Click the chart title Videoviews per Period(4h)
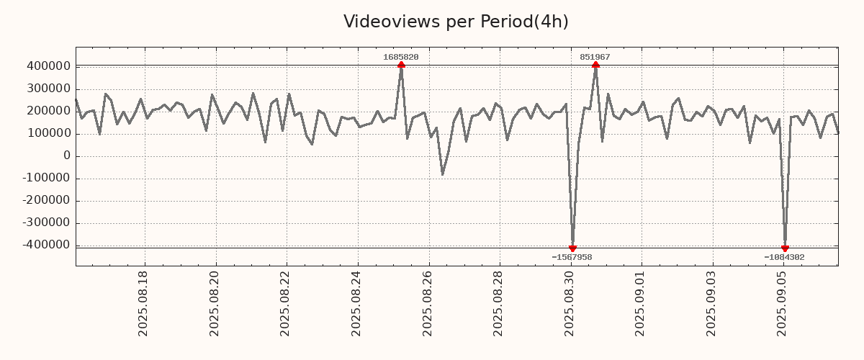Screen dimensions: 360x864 456,22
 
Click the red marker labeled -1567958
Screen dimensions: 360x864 572,248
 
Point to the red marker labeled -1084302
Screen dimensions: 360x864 785,248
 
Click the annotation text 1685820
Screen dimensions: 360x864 401,57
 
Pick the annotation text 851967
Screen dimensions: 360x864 595,57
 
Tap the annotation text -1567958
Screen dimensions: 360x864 572,257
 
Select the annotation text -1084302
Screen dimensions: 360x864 785,257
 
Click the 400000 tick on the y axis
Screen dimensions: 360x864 48,66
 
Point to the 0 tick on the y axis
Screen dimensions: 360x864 67,156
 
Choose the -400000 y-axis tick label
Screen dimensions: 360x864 46,245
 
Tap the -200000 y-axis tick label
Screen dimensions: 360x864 46,200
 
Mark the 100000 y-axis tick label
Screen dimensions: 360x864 48,133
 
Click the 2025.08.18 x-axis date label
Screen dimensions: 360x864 143,303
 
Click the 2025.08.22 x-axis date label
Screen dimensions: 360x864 286,303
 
